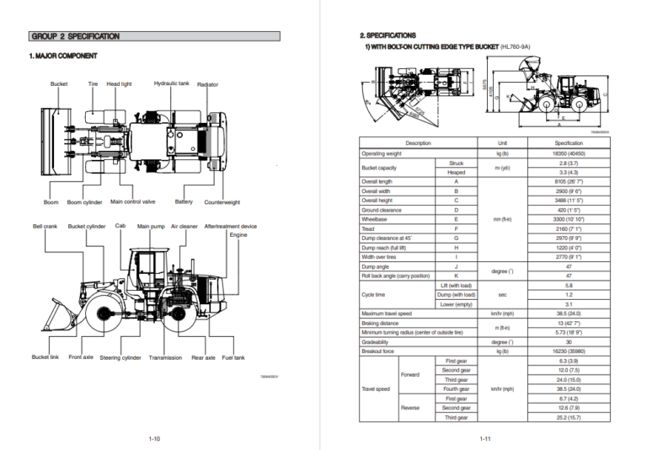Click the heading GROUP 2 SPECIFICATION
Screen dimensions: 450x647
(x=75, y=36)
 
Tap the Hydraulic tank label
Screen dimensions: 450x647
(x=171, y=83)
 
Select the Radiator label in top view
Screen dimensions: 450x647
(x=207, y=84)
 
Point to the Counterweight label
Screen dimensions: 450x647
(x=222, y=202)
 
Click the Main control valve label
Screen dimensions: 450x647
(x=133, y=201)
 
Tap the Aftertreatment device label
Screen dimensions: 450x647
(x=230, y=226)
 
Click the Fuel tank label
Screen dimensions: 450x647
(x=233, y=357)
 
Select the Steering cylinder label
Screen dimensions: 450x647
(x=120, y=357)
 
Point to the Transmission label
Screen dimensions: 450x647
(x=165, y=357)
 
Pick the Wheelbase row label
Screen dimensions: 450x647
(x=374, y=218)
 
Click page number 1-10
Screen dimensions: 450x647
(x=154, y=438)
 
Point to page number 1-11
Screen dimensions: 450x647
(x=484, y=438)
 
